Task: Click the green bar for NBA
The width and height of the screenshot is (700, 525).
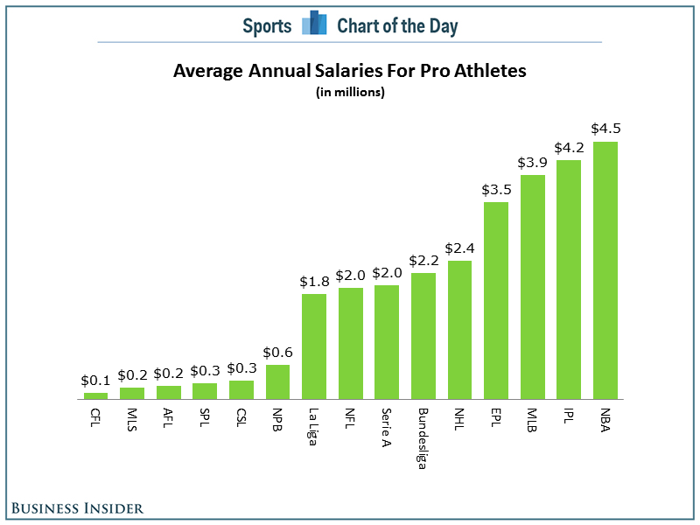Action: click(605, 270)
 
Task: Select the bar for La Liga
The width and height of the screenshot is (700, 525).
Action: click(314, 346)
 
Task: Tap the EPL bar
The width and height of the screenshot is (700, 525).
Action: click(496, 300)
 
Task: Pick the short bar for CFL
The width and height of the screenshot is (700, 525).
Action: click(95, 396)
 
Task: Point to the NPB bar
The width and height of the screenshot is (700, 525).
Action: click(277, 382)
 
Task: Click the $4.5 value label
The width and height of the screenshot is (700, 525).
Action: click(605, 129)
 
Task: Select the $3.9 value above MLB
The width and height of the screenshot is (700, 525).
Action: click(532, 163)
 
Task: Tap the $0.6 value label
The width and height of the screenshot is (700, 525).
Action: click(277, 353)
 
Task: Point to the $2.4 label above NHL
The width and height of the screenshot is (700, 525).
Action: click(460, 248)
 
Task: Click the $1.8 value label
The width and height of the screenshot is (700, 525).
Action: click(314, 282)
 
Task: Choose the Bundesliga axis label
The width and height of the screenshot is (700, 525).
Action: click(422, 439)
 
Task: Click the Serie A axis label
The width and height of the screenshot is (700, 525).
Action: click(387, 428)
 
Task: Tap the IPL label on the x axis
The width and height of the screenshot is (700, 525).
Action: click(568, 416)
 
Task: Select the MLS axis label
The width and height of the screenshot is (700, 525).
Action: click(132, 420)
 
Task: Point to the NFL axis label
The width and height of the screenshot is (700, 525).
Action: click(350, 418)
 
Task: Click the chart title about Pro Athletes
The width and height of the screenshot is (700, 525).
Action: click(349, 71)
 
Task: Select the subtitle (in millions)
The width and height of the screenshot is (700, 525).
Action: click(350, 92)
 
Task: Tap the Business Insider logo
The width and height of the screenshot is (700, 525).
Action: click(77, 508)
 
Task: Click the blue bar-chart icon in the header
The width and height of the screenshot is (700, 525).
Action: click(314, 23)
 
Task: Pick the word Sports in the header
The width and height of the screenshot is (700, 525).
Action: click(267, 26)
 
